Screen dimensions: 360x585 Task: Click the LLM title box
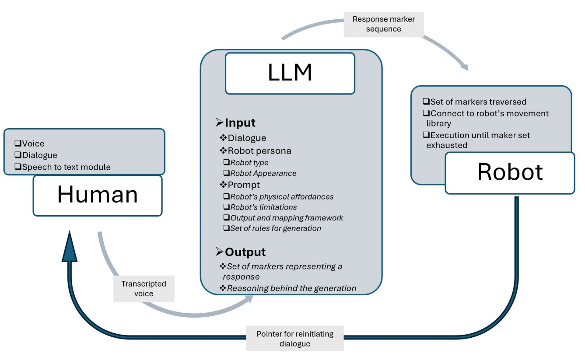(290, 73)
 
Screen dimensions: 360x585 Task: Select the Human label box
(97, 195)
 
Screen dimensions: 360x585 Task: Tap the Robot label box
(510, 172)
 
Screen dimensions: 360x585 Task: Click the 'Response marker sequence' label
(383, 24)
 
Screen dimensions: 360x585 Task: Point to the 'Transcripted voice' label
(144, 289)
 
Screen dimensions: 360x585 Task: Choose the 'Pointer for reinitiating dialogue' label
(294, 339)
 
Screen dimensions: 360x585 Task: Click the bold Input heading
(240, 123)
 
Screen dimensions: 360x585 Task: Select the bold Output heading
(245, 252)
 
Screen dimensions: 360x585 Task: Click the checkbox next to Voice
(18, 143)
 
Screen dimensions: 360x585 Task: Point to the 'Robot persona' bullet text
(259, 151)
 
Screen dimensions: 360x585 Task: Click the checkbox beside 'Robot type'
(226, 163)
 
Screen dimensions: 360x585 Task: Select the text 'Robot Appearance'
(263, 173)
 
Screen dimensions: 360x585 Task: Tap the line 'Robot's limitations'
(263, 207)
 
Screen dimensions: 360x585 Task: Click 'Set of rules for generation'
(276, 228)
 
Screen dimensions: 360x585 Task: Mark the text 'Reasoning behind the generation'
(291, 288)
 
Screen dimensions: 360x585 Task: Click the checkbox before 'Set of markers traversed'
(426, 101)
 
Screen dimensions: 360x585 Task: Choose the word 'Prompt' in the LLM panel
(244, 185)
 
